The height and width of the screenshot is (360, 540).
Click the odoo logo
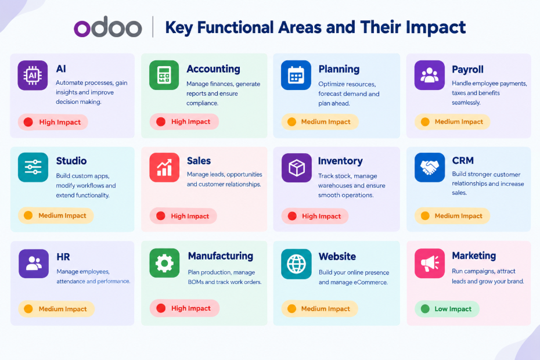[x=108, y=27]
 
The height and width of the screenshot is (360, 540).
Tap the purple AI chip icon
[x=33, y=75]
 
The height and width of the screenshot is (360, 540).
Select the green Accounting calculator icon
[x=164, y=75]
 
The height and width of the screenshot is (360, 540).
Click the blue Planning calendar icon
[x=296, y=75]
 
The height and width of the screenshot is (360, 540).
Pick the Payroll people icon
[x=430, y=75]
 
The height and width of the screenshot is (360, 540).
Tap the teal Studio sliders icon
[x=33, y=167]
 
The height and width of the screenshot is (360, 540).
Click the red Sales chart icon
[x=164, y=167]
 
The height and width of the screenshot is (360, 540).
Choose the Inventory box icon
[x=297, y=168]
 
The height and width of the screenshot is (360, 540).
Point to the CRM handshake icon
[x=430, y=167]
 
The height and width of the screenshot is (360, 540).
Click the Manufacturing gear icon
[x=164, y=263]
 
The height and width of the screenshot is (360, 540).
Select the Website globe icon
[x=296, y=264]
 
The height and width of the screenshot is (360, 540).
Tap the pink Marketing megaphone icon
[x=430, y=263]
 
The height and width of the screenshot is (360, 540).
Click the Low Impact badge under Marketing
[x=447, y=309]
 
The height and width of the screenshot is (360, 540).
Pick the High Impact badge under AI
[x=53, y=122]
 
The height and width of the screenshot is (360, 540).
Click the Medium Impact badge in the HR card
[x=56, y=309]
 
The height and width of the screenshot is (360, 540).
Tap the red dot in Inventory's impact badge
[x=292, y=216]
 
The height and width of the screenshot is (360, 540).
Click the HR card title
[x=63, y=257]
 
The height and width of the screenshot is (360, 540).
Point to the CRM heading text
[x=463, y=160]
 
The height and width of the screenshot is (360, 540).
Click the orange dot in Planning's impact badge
[x=291, y=122]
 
